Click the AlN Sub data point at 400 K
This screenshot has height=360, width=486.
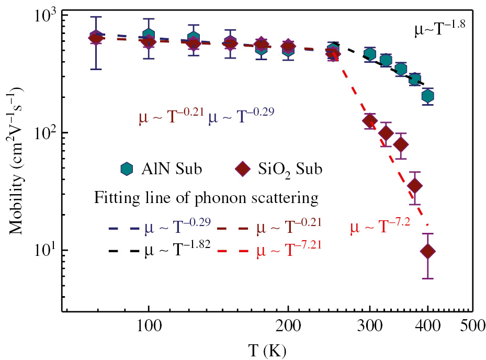click(x=428, y=96)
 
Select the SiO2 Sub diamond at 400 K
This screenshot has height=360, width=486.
click(x=428, y=251)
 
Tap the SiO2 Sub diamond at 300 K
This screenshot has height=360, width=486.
click(x=370, y=121)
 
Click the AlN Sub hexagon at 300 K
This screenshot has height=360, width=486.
click(x=370, y=54)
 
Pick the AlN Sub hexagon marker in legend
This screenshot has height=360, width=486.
click(x=127, y=169)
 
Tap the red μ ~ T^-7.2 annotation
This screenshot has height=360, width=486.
click(x=379, y=227)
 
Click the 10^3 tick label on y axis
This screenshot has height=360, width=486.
click(x=45, y=16)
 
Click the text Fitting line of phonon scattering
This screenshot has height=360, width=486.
click(x=206, y=199)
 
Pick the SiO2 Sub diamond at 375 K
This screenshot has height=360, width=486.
click(x=415, y=186)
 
